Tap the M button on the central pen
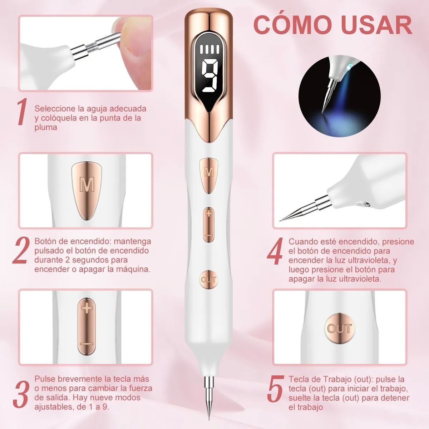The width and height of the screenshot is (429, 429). [209, 172]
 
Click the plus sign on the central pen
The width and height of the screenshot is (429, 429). [209, 213]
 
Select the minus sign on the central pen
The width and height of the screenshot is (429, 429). [209, 236]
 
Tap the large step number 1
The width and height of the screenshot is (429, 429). [22, 112]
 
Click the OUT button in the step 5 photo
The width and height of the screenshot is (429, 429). [339, 328]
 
